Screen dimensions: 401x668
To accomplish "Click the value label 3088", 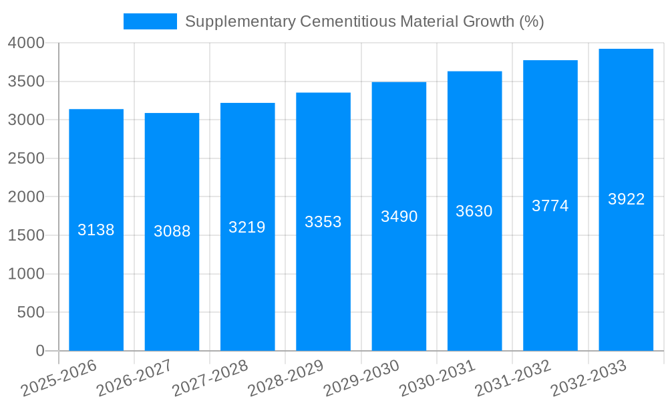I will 172,231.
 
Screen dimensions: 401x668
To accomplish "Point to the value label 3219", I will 247,227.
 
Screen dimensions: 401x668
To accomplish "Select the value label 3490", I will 399,217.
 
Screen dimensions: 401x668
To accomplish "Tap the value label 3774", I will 550,206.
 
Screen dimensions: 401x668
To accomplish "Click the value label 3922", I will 626,199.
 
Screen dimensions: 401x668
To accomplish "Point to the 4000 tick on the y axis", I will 26,43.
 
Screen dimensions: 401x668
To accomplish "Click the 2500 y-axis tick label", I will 26,158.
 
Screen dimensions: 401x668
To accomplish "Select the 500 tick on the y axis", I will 31,312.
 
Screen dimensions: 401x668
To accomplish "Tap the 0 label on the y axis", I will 40,351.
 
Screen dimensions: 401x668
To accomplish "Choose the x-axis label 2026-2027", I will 134,378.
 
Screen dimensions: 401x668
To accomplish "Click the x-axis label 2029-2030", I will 361,378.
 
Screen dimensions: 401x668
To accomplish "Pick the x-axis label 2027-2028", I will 210,378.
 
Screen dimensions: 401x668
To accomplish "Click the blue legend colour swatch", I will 150,21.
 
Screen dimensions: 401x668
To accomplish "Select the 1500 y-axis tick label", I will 26,235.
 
